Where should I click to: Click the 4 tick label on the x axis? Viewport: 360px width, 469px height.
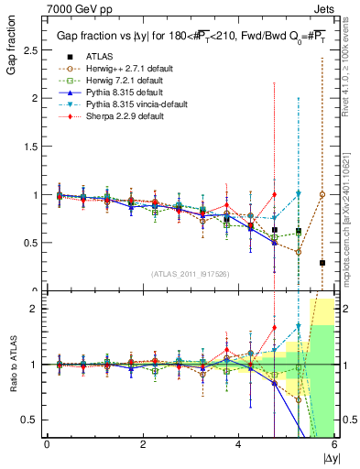(x=238, y=445)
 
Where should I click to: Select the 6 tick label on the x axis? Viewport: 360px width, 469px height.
(x=334, y=445)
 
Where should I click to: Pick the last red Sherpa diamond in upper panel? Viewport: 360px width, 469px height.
(x=274, y=194)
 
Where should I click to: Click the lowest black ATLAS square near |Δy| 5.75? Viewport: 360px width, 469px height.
(x=322, y=263)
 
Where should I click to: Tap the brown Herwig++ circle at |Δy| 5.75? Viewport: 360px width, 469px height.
(x=322, y=194)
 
